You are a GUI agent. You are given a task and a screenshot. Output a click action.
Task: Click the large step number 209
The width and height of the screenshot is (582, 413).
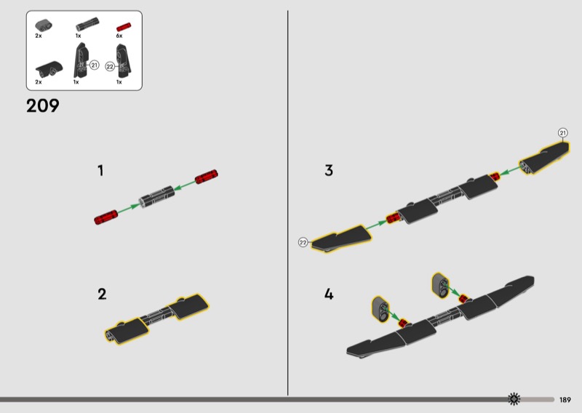(43, 105)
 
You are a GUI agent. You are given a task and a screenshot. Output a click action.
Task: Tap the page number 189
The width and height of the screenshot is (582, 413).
(565, 400)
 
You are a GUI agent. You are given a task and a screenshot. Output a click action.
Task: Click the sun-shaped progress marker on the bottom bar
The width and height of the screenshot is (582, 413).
(514, 399)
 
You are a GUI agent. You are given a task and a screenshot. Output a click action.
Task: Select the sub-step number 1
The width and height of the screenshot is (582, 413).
(100, 171)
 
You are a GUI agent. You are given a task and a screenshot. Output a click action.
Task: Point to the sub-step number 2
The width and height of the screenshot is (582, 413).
(102, 294)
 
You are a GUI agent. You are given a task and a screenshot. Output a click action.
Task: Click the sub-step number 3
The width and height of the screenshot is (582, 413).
(329, 170)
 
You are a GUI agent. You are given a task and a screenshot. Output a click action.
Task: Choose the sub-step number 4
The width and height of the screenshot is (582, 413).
(329, 294)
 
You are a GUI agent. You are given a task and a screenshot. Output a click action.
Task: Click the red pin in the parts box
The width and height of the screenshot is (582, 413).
(124, 27)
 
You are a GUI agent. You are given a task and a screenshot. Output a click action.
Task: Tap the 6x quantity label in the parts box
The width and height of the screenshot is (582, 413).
(119, 36)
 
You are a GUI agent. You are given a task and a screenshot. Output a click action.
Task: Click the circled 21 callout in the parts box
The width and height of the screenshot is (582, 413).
(95, 65)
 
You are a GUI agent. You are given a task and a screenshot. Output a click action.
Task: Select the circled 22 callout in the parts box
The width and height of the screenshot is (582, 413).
(110, 67)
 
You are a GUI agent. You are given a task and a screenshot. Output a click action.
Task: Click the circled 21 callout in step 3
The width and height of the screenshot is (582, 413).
(563, 133)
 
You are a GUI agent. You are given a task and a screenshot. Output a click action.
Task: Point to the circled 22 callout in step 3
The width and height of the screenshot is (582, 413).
(303, 242)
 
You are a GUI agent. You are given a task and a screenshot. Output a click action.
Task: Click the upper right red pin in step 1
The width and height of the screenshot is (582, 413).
(207, 177)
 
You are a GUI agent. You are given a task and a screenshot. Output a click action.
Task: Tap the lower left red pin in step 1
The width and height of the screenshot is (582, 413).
(105, 217)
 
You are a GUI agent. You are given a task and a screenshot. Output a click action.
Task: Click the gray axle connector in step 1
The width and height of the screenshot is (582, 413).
(156, 196)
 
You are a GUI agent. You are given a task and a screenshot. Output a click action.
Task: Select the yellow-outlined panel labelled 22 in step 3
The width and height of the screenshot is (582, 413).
(341, 238)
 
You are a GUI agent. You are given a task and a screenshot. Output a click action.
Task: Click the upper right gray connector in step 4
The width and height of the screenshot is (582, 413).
(440, 285)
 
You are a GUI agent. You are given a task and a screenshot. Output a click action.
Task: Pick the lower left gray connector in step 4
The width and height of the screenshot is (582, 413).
(380, 309)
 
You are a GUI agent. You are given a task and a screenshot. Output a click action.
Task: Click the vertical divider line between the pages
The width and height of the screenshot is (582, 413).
(287, 203)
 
